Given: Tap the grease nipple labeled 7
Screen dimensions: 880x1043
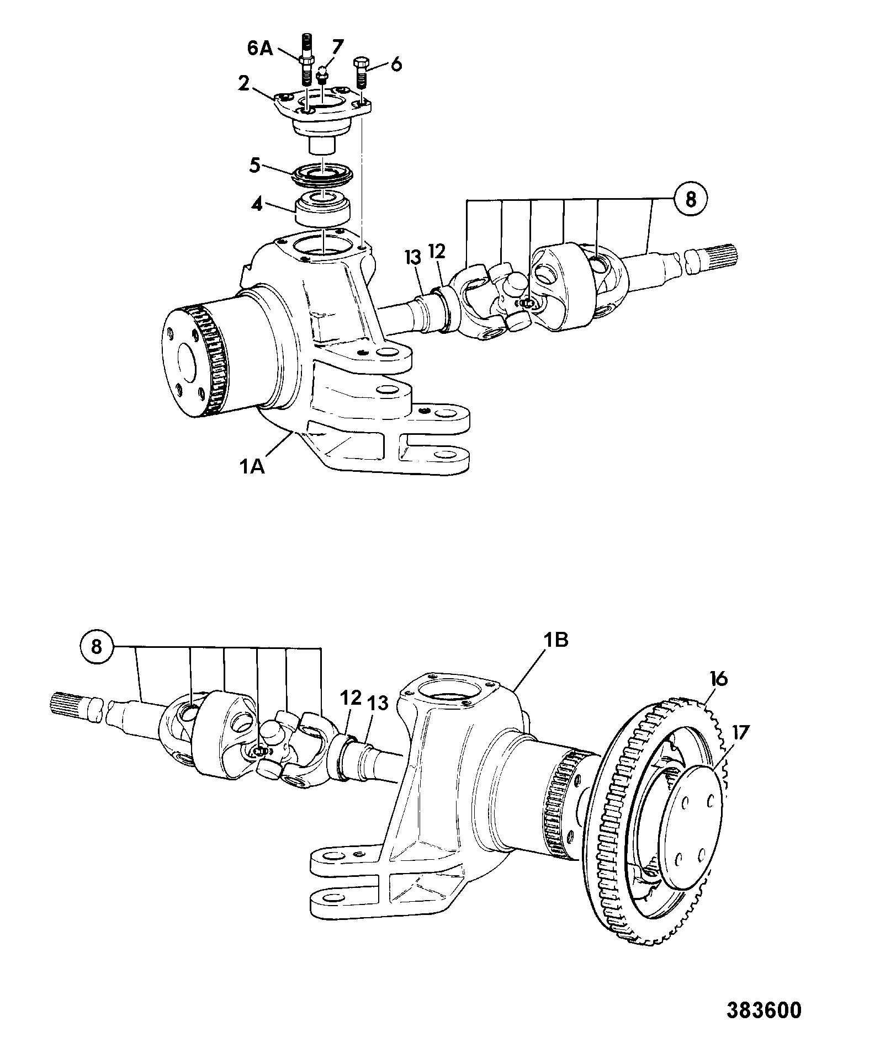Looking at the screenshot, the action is [x=323, y=76].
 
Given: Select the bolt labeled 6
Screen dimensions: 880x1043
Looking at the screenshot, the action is [x=363, y=71].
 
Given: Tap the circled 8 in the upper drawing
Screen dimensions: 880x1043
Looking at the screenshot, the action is [x=690, y=199].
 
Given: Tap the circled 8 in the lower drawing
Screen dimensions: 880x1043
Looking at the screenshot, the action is [x=97, y=647].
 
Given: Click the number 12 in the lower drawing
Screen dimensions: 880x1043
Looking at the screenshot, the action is [x=351, y=699].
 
